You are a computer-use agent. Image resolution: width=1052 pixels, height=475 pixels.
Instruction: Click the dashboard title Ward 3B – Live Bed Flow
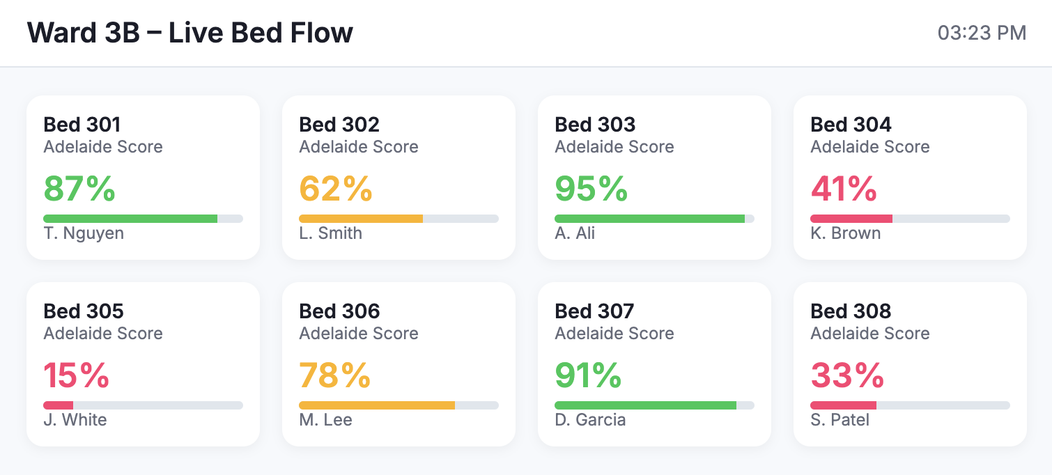pyautogui.click(x=189, y=33)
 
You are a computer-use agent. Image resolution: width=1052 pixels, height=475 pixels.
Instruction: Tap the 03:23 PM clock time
pyautogui.click(x=982, y=33)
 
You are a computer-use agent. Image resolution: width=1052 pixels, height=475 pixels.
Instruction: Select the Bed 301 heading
pyautogui.click(x=82, y=125)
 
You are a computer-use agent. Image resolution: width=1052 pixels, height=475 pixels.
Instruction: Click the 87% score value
pyautogui.click(x=79, y=189)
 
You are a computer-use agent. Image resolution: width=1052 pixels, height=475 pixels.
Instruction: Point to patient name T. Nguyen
pyautogui.click(x=84, y=233)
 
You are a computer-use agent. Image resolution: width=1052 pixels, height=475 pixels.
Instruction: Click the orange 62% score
pyautogui.click(x=335, y=189)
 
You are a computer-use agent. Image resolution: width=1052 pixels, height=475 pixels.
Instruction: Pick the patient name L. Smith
pyautogui.click(x=331, y=233)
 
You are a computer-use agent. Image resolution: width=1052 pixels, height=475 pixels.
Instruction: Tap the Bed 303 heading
pyautogui.click(x=594, y=125)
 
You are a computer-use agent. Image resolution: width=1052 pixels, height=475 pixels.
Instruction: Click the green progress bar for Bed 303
pyautogui.click(x=649, y=219)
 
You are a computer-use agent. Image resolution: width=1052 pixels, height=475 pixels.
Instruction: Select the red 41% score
pyautogui.click(x=844, y=189)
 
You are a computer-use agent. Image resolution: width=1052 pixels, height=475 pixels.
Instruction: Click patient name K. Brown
pyautogui.click(x=845, y=233)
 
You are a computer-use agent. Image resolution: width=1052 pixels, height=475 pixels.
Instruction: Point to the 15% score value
pyautogui.click(x=76, y=375)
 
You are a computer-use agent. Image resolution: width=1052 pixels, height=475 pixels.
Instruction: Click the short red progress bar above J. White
pyautogui.click(x=59, y=405)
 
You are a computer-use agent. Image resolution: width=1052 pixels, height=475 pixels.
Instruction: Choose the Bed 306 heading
pyautogui.click(x=339, y=311)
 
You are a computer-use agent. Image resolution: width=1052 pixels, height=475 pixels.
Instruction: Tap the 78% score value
pyautogui.click(x=334, y=375)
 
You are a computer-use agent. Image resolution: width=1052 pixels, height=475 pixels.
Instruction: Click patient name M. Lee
pyautogui.click(x=325, y=419)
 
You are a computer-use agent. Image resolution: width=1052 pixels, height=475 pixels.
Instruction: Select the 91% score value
pyautogui.click(x=588, y=375)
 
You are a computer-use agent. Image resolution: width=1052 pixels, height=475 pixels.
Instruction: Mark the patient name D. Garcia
pyautogui.click(x=590, y=419)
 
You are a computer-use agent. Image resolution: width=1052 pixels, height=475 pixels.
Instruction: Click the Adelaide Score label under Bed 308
pyautogui.click(x=869, y=333)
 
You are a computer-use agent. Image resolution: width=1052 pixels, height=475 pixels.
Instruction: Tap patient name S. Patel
pyautogui.click(x=840, y=419)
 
